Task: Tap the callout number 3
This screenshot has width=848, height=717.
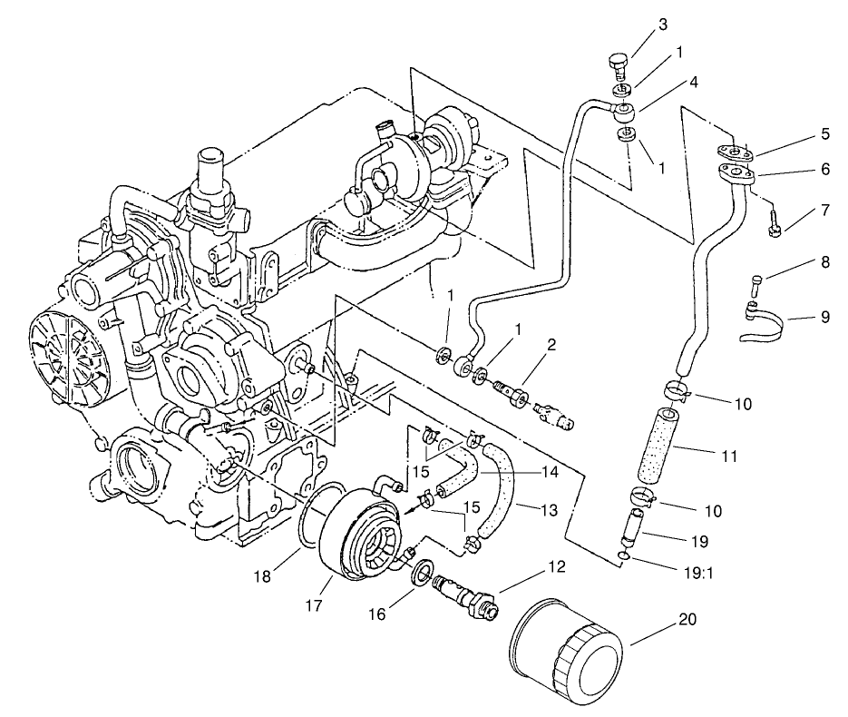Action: pyautogui.click(x=662, y=25)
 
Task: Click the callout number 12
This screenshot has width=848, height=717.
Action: pyautogui.click(x=555, y=567)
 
